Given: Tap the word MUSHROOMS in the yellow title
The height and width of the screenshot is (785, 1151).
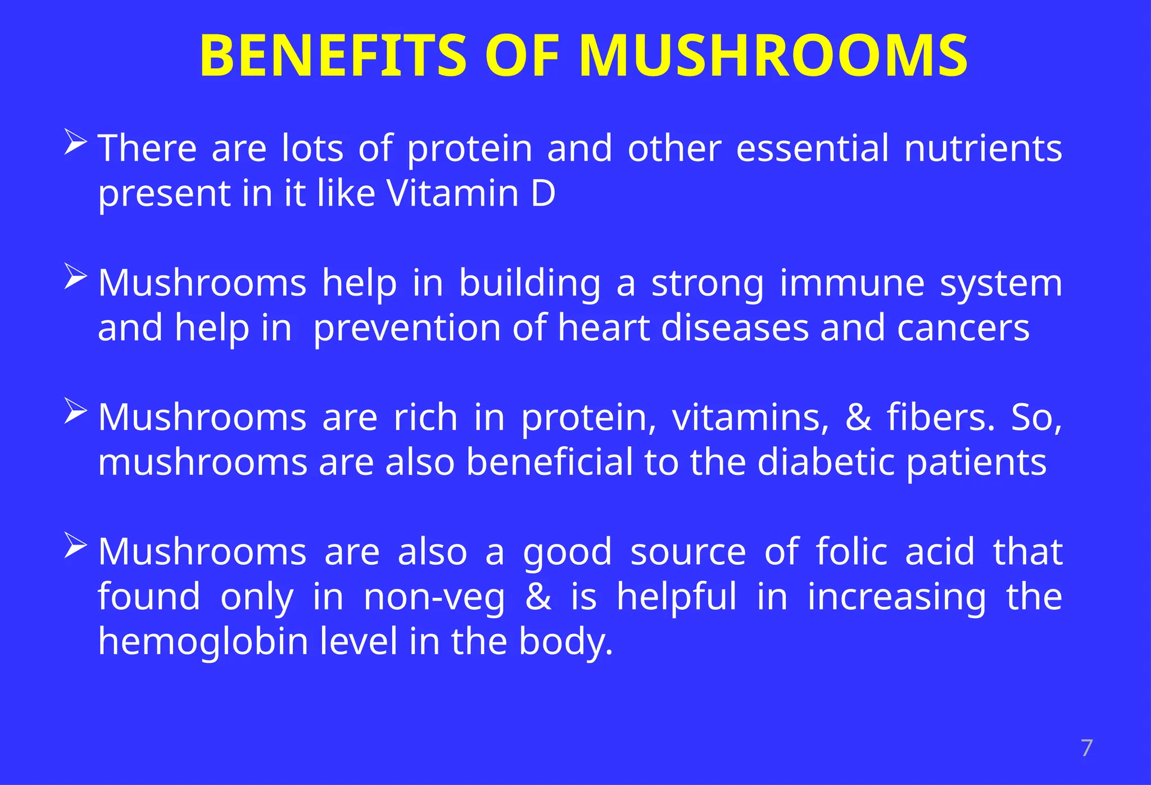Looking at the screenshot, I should (773, 56).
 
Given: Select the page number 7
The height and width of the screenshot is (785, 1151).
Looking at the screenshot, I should (1086, 748).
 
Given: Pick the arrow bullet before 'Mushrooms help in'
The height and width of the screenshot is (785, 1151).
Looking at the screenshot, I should (75, 276).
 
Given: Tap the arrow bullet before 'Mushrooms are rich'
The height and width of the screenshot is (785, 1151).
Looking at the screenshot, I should (75, 411).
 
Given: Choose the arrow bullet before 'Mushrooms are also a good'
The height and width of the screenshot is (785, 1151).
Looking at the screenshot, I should (75, 546).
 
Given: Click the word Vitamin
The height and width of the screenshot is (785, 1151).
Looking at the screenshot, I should (452, 193).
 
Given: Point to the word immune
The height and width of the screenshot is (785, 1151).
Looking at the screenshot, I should (852, 283).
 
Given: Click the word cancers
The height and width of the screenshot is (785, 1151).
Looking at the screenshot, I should (963, 328).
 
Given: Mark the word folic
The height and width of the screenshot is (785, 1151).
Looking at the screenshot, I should (851, 551).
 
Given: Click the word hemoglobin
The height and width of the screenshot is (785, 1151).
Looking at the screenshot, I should (203, 641).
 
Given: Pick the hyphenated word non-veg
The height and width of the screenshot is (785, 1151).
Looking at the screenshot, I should (434, 597).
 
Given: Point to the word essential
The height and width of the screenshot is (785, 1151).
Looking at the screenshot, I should (813, 148).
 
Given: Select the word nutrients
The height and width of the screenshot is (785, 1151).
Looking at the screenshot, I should (983, 148).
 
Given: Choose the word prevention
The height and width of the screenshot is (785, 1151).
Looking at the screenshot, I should (407, 328).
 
